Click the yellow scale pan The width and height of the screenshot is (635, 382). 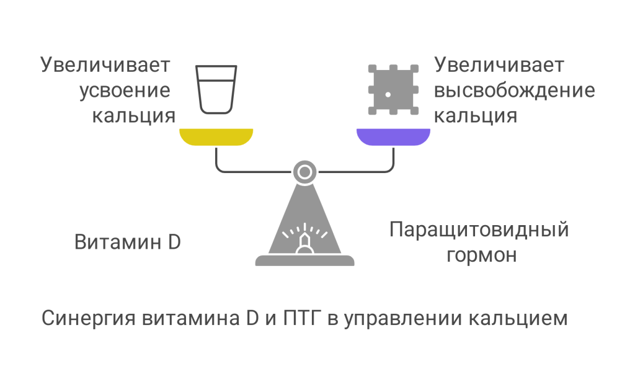click(216, 136)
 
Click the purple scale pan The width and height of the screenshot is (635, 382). click(393, 136)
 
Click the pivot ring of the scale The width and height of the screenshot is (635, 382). click(304, 172)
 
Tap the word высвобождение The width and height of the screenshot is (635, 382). click(515, 91)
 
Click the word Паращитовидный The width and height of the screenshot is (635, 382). click(479, 231)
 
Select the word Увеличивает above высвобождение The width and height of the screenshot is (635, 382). click(499, 65)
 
